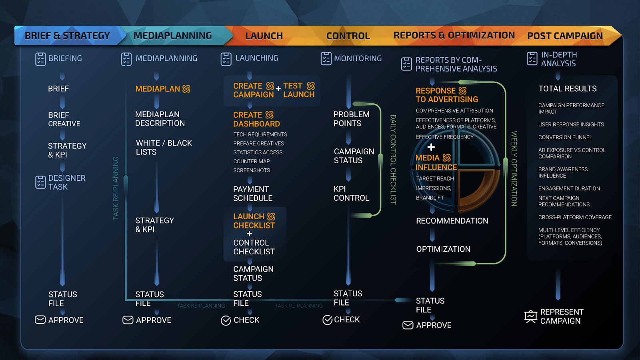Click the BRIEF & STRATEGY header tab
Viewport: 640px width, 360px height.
click(x=67, y=36)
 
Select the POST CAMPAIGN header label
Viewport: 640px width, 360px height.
click(x=565, y=36)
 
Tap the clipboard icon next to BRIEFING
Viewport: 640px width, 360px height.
click(x=40, y=59)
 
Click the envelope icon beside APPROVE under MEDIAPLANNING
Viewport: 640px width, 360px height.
click(x=128, y=320)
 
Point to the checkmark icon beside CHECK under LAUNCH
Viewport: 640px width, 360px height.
click(x=226, y=320)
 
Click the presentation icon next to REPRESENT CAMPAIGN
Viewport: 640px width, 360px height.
click(x=531, y=317)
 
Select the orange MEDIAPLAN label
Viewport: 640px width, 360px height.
click(x=158, y=89)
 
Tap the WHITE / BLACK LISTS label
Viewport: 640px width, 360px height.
click(x=164, y=148)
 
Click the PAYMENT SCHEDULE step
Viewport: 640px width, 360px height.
click(x=253, y=194)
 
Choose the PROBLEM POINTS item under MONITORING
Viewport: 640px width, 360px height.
click(x=351, y=119)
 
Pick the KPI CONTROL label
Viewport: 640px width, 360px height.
click(x=351, y=193)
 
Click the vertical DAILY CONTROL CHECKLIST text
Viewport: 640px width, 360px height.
click(x=393, y=160)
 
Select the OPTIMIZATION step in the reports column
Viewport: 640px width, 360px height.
click(x=443, y=249)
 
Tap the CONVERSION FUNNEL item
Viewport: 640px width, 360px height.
click(x=565, y=137)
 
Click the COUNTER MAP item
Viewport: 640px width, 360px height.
click(x=251, y=161)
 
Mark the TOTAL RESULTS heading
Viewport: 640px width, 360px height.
click(x=567, y=89)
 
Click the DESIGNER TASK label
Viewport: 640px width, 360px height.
click(x=67, y=182)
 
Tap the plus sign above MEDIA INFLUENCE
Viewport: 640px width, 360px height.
click(x=431, y=147)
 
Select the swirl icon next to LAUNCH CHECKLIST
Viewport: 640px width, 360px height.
click(x=271, y=216)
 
